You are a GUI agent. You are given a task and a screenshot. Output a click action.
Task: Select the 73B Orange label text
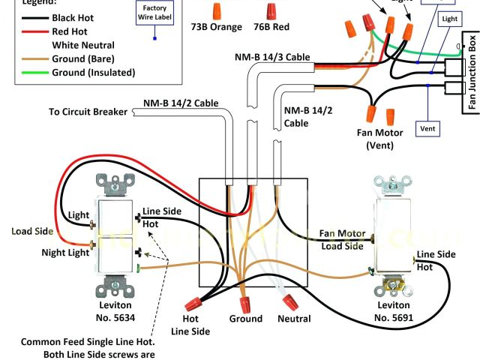pos(217,27)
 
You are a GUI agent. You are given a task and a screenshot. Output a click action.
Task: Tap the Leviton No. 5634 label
pos(114,311)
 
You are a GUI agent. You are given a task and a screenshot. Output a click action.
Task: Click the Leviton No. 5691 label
pos(393,311)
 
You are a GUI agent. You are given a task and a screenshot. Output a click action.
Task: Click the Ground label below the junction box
pos(246,319)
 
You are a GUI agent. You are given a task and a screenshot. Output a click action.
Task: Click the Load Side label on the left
pos(31,231)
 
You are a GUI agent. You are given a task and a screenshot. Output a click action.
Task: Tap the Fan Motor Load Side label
pos(342,239)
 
